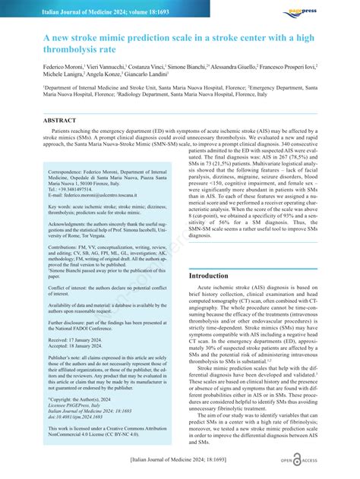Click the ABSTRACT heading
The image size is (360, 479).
point(60,120)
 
